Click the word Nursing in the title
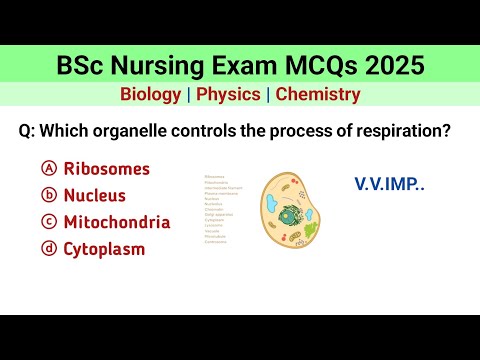click(x=178, y=66)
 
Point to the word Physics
click(x=229, y=95)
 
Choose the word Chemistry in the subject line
click(x=318, y=95)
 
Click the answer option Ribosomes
click(x=106, y=168)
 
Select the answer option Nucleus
click(x=98, y=195)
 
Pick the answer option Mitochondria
click(x=116, y=222)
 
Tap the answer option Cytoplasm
click(x=104, y=249)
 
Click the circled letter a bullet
click(x=47, y=168)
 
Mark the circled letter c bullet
click(x=47, y=222)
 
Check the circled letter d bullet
click(x=47, y=249)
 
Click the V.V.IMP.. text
click(x=388, y=184)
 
